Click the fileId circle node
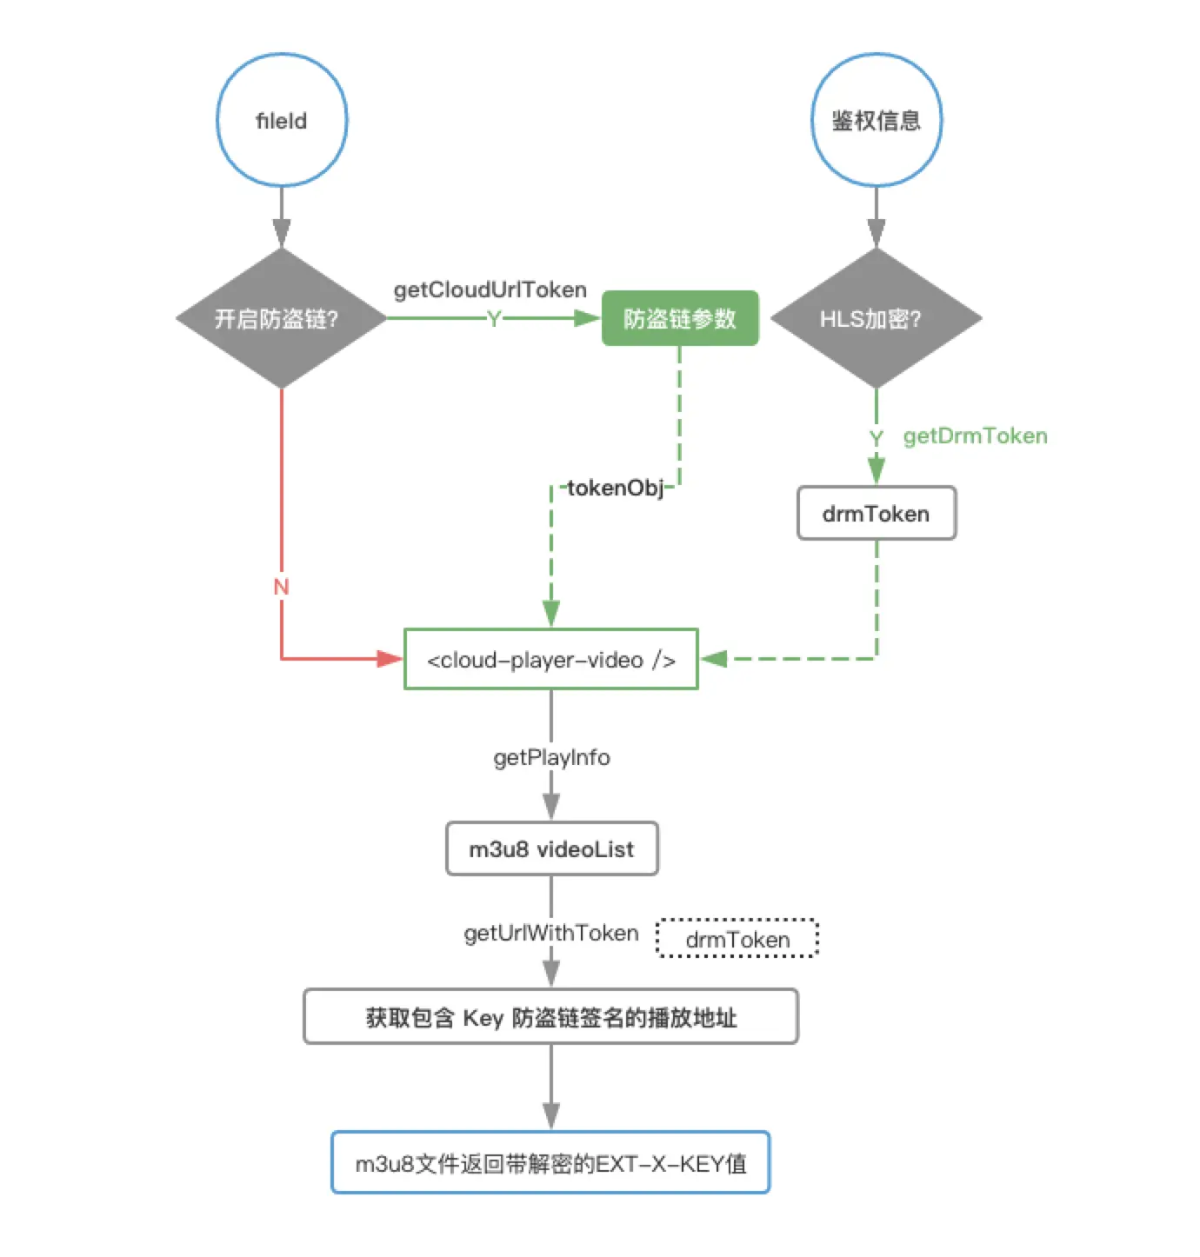[x=281, y=120]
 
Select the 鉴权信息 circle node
[x=876, y=120]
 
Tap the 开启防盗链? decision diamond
[x=281, y=318]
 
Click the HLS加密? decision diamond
[x=876, y=318]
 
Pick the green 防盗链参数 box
[x=680, y=318]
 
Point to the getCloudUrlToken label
[x=490, y=289]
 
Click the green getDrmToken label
[x=975, y=436]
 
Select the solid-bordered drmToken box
[x=876, y=513]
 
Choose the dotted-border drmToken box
[x=737, y=939]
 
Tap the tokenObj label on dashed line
[x=616, y=488]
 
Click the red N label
[x=281, y=587]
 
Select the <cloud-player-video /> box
[x=550, y=659]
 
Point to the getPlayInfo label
[x=551, y=757]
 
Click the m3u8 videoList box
[x=551, y=848]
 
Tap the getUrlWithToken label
[x=551, y=933]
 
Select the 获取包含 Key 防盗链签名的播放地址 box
[x=550, y=1016]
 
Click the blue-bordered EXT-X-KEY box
[x=550, y=1162]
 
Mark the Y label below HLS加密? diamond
[x=876, y=437]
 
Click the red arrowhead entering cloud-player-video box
[x=389, y=659]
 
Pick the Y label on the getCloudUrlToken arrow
[x=494, y=319]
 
